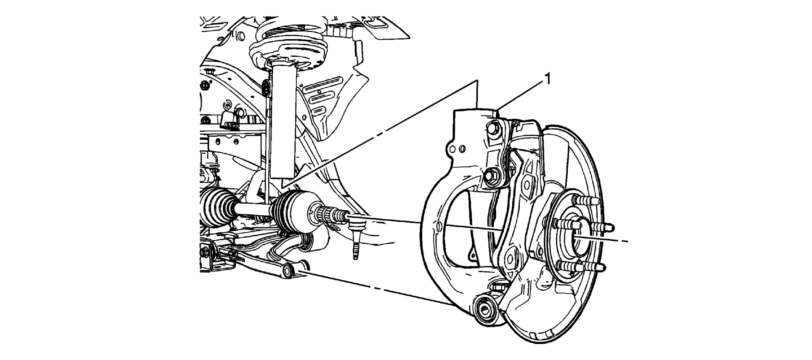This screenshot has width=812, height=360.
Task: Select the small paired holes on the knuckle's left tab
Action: tap(457, 148)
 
